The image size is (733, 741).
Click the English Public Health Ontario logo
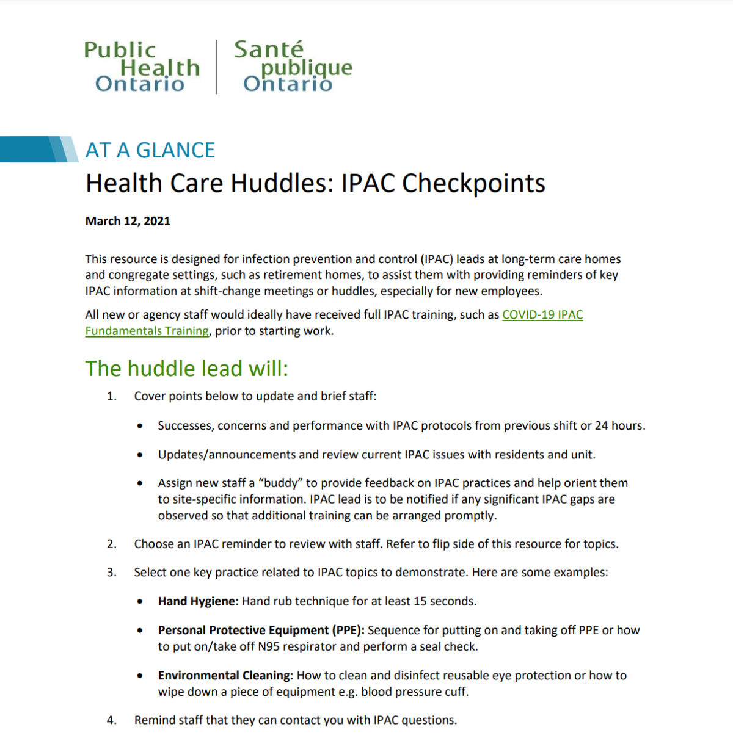[142, 67]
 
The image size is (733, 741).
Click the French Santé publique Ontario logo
[293, 67]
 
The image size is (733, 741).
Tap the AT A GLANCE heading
[150, 150]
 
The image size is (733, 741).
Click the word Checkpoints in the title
[473, 183]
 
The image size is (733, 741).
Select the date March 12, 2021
[128, 221]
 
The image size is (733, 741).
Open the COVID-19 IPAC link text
[542, 315]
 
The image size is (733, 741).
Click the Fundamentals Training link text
[147, 331]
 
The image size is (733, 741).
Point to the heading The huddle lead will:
[186, 369]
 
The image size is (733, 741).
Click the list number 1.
[111, 396]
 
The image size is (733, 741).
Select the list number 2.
[111, 544]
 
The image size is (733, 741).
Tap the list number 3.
[111, 573]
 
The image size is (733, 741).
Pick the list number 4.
[111, 720]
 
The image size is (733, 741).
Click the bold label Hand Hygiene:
[198, 601]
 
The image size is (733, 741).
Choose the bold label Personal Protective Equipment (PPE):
[261, 630]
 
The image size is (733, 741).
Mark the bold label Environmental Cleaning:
[225, 675]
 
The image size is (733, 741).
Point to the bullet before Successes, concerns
[140, 426]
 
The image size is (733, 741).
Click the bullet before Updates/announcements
[140, 455]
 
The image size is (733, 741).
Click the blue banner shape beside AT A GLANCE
[37, 149]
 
